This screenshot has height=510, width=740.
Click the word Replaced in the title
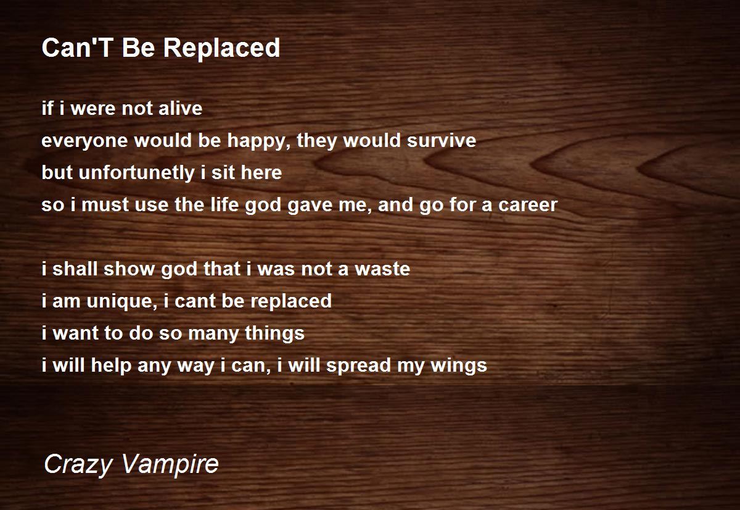pos(221,48)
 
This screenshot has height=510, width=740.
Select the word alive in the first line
pos(180,108)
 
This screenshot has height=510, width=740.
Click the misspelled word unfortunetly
pos(137,173)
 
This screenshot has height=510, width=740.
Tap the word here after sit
pos(261,172)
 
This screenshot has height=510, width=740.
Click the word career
pos(528,205)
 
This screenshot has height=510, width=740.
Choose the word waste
pos(382,269)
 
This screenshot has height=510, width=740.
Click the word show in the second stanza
pos(129,269)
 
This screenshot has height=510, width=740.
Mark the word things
pos(274,333)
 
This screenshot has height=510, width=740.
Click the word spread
pos(358,366)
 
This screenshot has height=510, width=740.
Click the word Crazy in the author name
pos(78,465)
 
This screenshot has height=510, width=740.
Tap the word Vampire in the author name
pos(170,464)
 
